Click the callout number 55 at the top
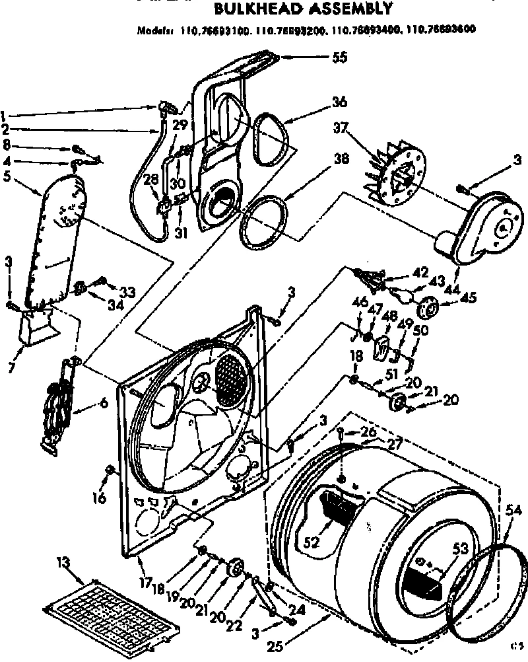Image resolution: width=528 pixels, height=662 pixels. [x=339, y=57]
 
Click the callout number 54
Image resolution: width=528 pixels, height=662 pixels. [x=513, y=509]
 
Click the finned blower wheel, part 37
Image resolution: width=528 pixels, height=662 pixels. [x=396, y=175]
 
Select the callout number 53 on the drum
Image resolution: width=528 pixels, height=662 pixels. [x=461, y=548]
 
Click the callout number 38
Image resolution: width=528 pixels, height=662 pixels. [x=341, y=159]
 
